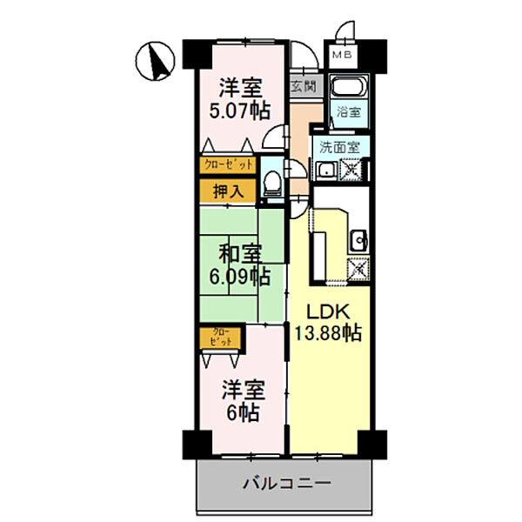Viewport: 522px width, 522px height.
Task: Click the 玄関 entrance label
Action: coord(304,86)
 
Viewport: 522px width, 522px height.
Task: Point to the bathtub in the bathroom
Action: coord(351,89)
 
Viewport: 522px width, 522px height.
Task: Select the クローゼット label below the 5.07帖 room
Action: coord(229,164)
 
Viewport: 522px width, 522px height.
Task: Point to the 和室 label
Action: coord(240,255)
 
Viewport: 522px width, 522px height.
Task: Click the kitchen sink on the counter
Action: coord(358,240)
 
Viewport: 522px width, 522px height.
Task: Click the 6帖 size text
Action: coord(241,413)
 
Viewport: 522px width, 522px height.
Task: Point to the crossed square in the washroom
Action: coord(353,171)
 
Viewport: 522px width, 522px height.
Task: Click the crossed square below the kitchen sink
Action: coord(358,270)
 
